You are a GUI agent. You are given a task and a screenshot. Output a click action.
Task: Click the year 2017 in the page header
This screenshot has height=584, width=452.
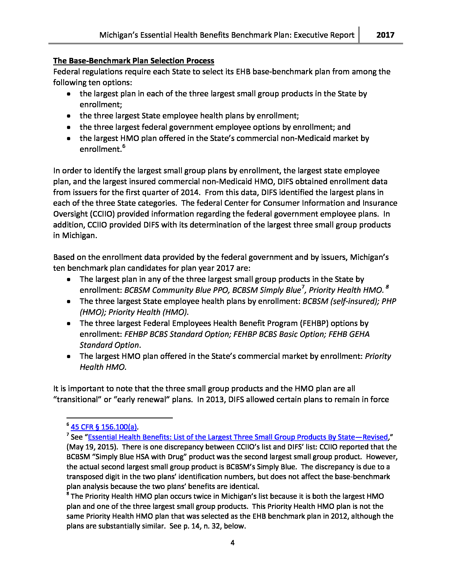(385, 35)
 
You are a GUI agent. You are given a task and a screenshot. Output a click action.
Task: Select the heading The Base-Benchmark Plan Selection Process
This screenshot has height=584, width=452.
(133, 61)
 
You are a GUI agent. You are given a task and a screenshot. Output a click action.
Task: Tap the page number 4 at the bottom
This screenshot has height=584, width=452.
(232, 543)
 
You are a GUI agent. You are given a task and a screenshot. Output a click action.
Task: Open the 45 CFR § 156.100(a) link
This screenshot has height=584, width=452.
(104, 427)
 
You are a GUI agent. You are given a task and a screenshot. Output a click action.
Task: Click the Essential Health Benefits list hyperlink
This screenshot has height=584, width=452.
(238, 437)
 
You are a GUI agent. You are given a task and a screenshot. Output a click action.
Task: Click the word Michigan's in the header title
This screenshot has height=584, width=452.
(119, 35)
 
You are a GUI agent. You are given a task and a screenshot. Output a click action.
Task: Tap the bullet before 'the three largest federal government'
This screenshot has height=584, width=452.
(69, 127)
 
